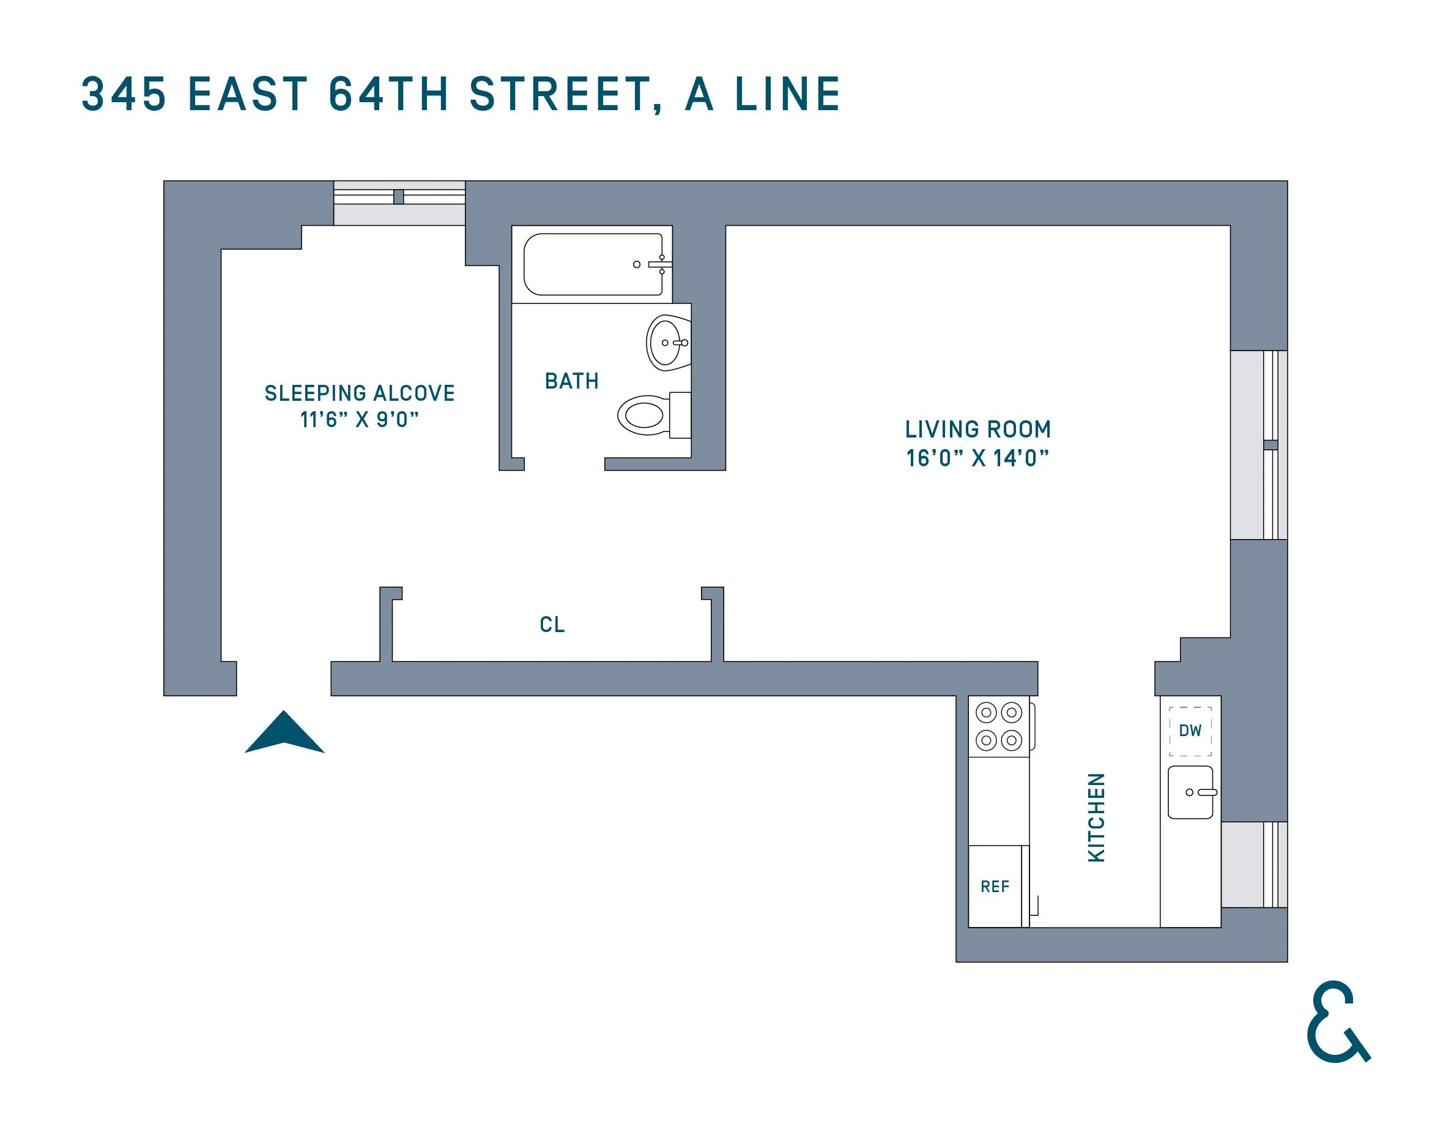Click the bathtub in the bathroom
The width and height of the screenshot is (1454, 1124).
593,264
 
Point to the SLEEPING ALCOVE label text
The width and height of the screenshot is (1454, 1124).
360,393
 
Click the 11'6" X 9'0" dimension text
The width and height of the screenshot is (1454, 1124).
360,420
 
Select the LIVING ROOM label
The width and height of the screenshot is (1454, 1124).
977,430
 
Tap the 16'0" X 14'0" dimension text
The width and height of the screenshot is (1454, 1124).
977,458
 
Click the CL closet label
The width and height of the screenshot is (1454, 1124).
552,625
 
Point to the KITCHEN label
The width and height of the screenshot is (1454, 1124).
1096,817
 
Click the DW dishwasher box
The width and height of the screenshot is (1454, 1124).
1190,731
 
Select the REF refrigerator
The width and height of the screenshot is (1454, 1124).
995,886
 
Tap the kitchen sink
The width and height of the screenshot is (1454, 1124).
1190,792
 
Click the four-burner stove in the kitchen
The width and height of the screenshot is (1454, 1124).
999,726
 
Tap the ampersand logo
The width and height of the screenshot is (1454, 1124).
1337,1023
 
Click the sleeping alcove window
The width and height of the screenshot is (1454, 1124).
399,203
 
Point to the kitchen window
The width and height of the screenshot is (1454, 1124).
1254,865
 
